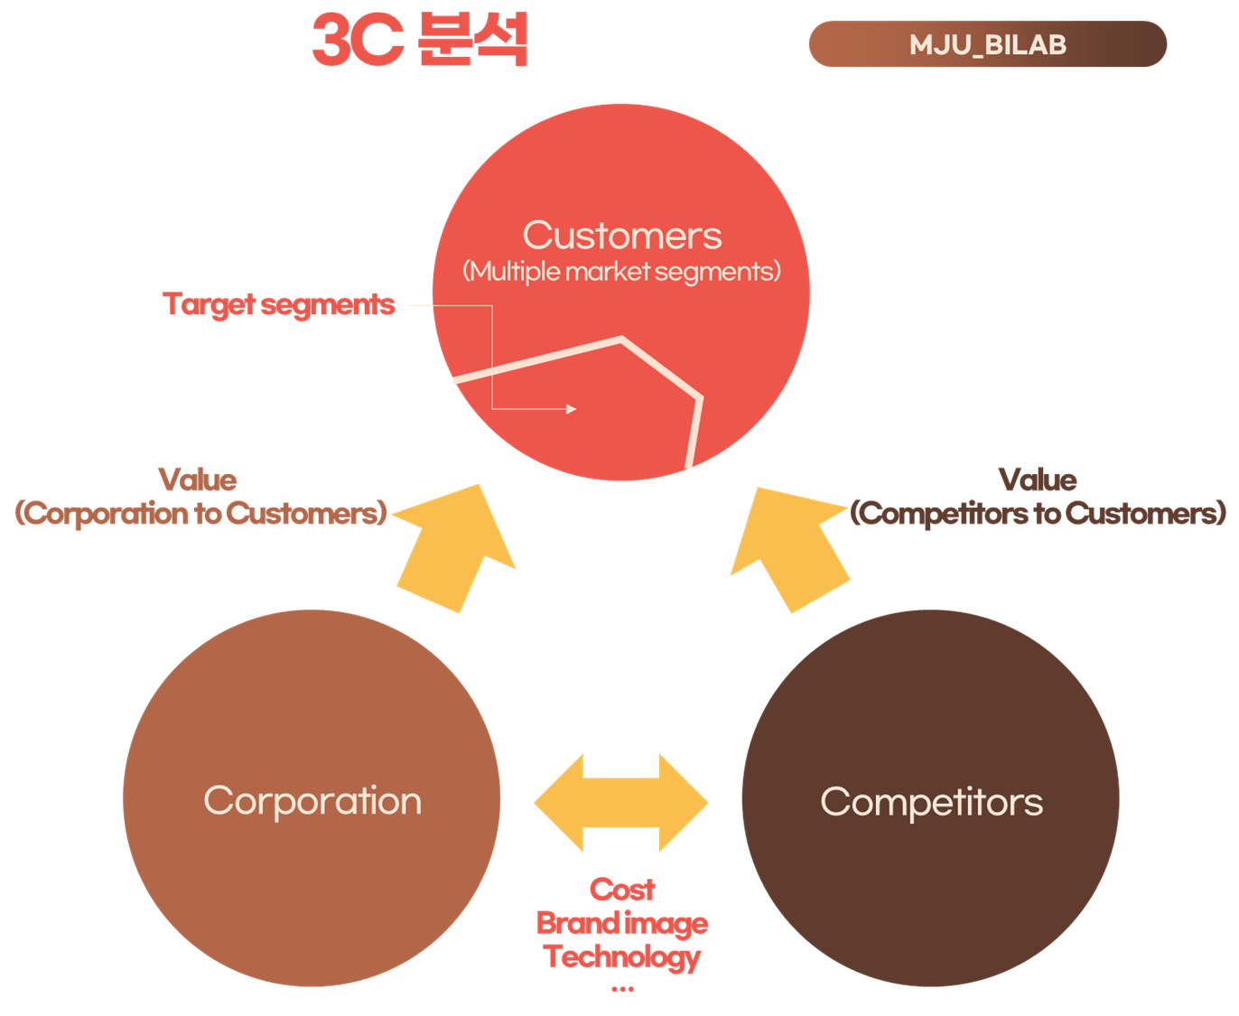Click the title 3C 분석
tap(420, 41)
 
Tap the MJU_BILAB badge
tap(987, 44)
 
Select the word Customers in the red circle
tap(622, 236)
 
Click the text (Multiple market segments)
tap(621, 271)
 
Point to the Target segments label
tap(279, 304)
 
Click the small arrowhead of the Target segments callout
tap(572, 409)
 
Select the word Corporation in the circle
tap(312, 801)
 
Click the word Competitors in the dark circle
tap(931, 802)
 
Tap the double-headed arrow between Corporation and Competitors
tap(620, 802)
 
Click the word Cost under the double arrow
tap(622, 890)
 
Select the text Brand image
tap(622, 923)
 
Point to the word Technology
tap(622, 956)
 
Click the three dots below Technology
tap(622, 990)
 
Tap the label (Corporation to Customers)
tap(200, 513)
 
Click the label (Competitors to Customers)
tap(1039, 513)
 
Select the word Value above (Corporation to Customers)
tap(198, 480)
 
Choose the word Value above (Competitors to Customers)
tap(1038, 480)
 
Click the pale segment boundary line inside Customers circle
tap(542, 359)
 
